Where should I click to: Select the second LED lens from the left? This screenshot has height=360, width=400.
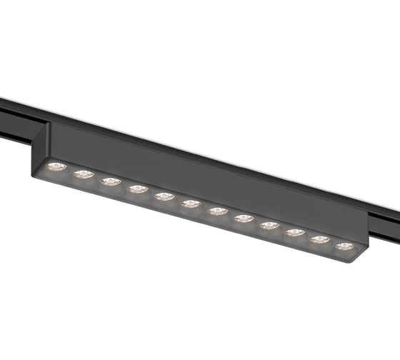tap(84, 174)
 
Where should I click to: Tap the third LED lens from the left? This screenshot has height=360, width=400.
tap(110, 181)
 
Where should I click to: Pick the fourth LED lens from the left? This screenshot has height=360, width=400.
tap(137, 189)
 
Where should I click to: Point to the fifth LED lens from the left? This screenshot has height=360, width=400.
tap(164, 196)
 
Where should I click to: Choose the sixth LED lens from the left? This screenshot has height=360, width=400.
tap(191, 204)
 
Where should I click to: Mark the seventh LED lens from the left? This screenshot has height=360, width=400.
tap(217, 211)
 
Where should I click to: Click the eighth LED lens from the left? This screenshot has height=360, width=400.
tap(244, 218)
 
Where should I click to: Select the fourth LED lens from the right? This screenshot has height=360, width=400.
tap(269, 225)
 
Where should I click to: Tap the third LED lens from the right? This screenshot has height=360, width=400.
tap(295, 232)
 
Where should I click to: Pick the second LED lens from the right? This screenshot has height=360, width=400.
tap(320, 239)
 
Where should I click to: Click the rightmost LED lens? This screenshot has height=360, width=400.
tap(345, 246)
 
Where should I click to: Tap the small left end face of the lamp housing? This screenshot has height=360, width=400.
tap(40, 146)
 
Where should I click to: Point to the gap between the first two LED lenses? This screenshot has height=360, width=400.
tap(70, 171)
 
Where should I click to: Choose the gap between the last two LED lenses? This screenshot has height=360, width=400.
tap(333, 244)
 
